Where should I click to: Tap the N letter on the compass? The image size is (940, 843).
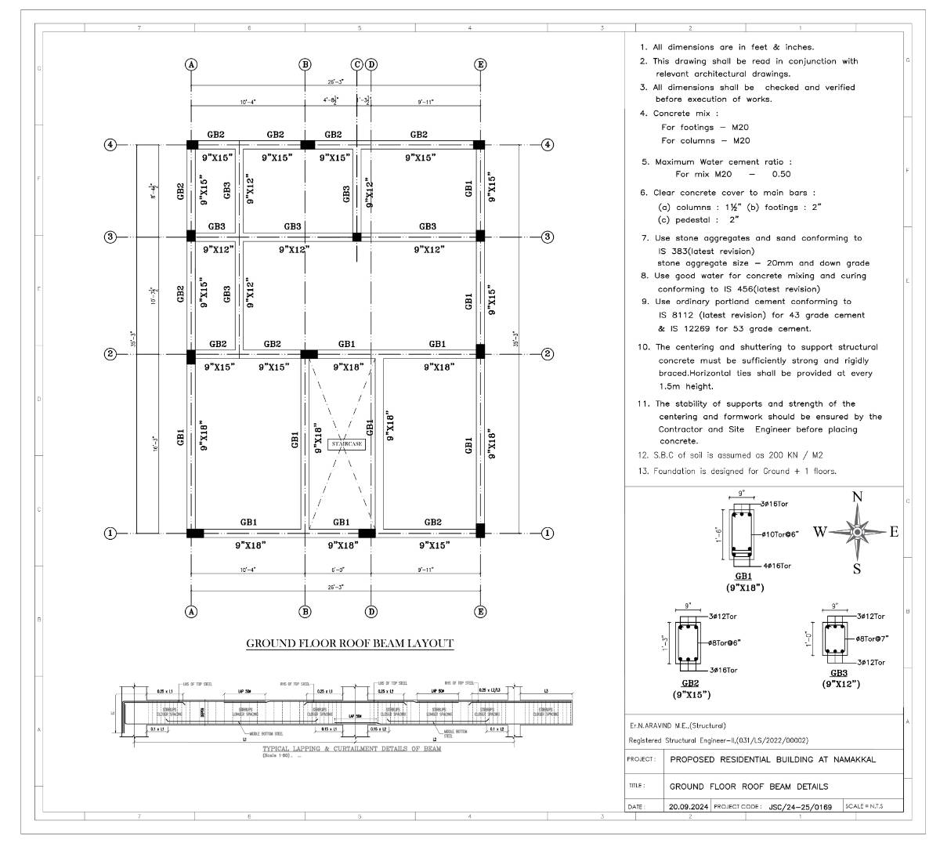click(x=857, y=497)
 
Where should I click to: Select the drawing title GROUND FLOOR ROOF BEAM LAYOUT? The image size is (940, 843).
click(x=349, y=643)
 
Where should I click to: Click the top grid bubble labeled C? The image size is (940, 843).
click(x=357, y=64)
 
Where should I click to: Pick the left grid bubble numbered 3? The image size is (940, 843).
click(x=110, y=237)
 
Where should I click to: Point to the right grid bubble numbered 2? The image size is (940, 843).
click(x=548, y=354)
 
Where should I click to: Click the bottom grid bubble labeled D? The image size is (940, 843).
click(x=371, y=612)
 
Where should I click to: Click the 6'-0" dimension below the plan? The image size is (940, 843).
click(x=338, y=570)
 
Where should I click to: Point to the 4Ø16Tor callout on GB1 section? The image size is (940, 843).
click(x=775, y=565)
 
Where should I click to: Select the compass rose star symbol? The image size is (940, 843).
click(x=857, y=533)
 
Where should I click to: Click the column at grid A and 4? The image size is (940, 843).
click(x=192, y=145)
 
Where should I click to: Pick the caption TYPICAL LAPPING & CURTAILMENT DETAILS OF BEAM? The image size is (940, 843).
click(x=351, y=749)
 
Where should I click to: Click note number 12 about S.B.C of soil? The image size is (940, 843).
click(x=731, y=455)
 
